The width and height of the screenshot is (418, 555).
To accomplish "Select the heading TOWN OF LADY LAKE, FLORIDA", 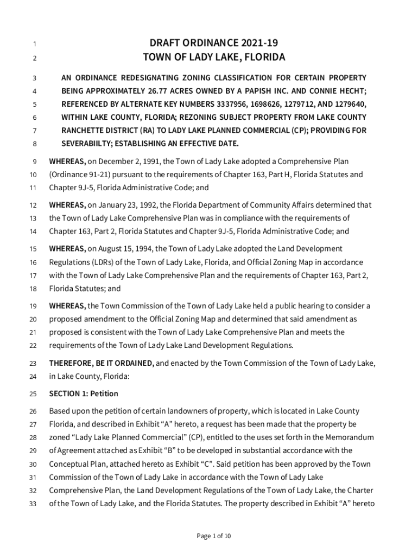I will pos(213,57).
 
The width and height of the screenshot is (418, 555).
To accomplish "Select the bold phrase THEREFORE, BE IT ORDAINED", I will pos(102,363).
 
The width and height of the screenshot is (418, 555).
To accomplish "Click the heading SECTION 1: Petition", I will pos(84,393).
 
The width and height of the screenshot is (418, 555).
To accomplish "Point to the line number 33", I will pos(32,504).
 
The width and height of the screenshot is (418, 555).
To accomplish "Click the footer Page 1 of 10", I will pos(213,537).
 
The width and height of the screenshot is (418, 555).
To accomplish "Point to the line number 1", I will pos(34,44).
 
